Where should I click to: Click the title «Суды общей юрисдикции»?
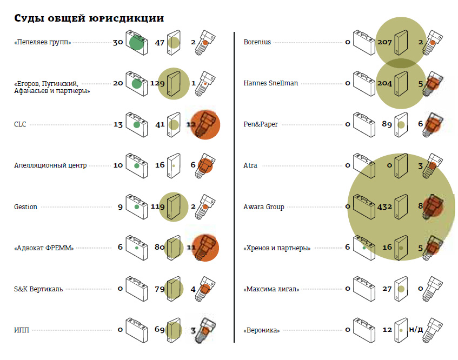89,18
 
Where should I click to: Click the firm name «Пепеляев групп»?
43,42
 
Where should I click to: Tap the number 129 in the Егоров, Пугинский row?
157,83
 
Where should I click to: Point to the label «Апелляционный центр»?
50,165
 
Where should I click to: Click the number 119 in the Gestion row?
158,206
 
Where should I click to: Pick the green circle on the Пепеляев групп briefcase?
137,43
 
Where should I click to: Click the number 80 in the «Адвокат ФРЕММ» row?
160,247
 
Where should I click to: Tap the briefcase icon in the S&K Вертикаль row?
137,289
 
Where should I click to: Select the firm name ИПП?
22,330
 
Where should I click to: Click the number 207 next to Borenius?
384,42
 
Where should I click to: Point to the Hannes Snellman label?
271,83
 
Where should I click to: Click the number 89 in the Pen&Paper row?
387,124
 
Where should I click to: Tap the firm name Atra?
250,165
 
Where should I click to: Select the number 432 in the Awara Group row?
384,206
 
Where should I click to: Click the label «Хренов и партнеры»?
277,248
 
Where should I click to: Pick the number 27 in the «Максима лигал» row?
387,289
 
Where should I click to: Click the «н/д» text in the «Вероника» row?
416,329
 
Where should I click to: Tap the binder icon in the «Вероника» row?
401,330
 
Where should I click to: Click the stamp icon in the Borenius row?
433,42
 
